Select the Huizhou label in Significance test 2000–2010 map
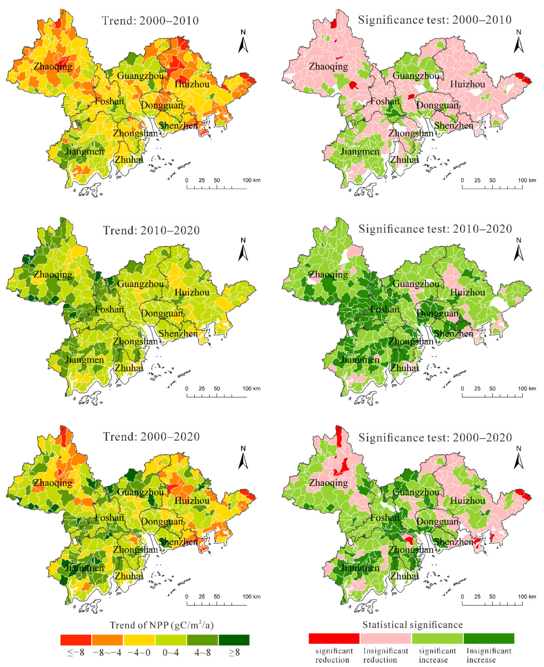(x=468, y=84)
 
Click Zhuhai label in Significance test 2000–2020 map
(x=404, y=576)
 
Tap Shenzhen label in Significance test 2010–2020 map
(x=454, y=334)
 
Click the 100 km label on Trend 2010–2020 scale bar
(x=251, y=389)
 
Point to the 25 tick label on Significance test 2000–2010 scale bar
(x=477, y=180)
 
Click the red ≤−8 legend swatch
(x=76, y=640)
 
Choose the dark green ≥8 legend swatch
(x=234, y=640)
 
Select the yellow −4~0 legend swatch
(x=139, y=640)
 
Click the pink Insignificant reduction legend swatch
(x=385, y=638)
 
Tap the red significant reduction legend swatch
(x=334, y=638)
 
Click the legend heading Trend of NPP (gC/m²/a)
(x=161, y=625)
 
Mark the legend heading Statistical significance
(x=412, y=625)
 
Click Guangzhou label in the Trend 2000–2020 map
(x=140, y=492)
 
